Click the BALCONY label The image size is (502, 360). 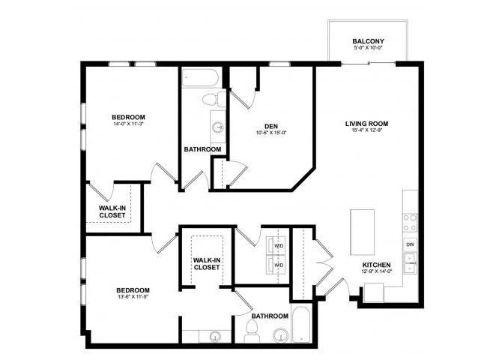click(368, 40)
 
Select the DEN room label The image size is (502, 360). click(271, 125)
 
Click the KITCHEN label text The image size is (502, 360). click(377, 265)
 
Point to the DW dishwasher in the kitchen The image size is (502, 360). click(410, 244)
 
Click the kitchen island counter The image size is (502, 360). click(362, 232)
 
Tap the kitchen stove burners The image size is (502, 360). click(410, 222)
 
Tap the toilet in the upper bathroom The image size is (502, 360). click(213, 100)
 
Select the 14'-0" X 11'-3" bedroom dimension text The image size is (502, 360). click(128, 126)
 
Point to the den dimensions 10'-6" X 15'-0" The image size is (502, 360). click(271, 133)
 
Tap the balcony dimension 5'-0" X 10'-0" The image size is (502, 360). click(368, 49)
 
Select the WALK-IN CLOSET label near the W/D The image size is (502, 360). click(206, 264)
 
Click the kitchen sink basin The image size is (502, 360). click(410, 262)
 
